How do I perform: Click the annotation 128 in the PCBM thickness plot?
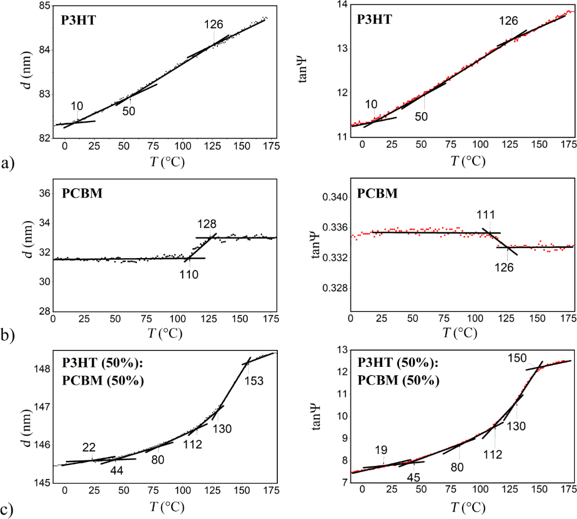207,223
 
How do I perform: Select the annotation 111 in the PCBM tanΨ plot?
486,215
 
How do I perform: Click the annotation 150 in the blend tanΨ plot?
517,358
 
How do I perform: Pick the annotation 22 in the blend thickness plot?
88,447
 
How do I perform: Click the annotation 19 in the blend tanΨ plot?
381,450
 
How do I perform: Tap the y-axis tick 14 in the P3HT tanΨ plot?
340,5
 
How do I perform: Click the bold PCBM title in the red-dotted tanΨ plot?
378,193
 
